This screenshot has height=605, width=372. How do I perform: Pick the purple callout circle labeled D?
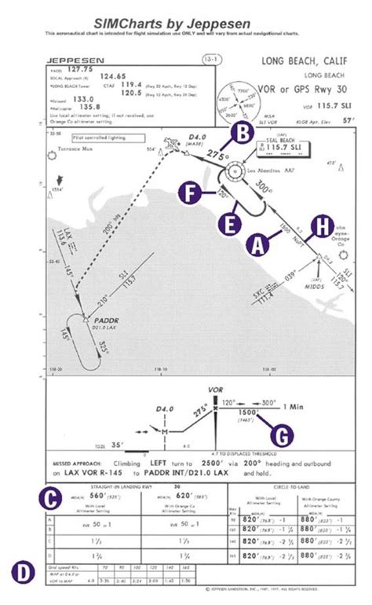pos(24,572)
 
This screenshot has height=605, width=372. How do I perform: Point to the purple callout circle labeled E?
pos(230,223)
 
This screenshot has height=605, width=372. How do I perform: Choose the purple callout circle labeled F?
pos(188,192)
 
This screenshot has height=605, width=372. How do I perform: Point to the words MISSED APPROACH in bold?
pos(78,464)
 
